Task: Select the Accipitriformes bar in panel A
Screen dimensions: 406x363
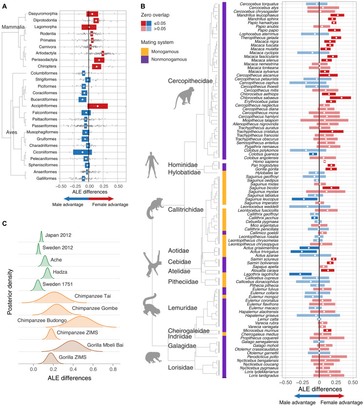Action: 98,105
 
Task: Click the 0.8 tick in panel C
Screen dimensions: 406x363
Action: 113,397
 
